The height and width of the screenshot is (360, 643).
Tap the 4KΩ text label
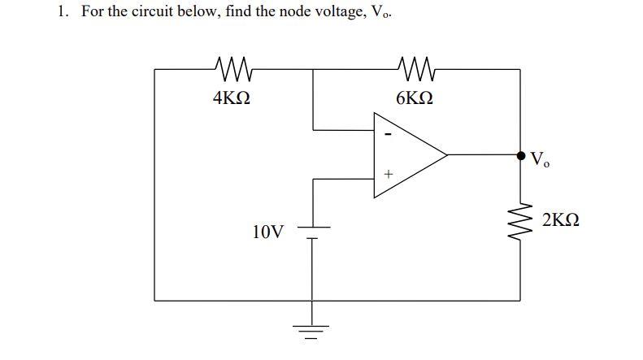tap(231, 99)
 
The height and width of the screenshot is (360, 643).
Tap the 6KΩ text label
tap(415, 99)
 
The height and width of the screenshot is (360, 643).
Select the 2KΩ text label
tap(563, 220)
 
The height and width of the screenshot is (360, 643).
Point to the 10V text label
tap(268, 233)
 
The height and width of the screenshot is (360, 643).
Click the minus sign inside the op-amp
tap(389, 134)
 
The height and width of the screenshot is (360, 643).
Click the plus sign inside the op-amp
tap(389, 174)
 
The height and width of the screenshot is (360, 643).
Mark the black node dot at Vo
tap(520, 154)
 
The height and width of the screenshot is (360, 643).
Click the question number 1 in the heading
tap(62, 14)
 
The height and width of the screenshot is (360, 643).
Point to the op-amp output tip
tap(447, 154)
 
